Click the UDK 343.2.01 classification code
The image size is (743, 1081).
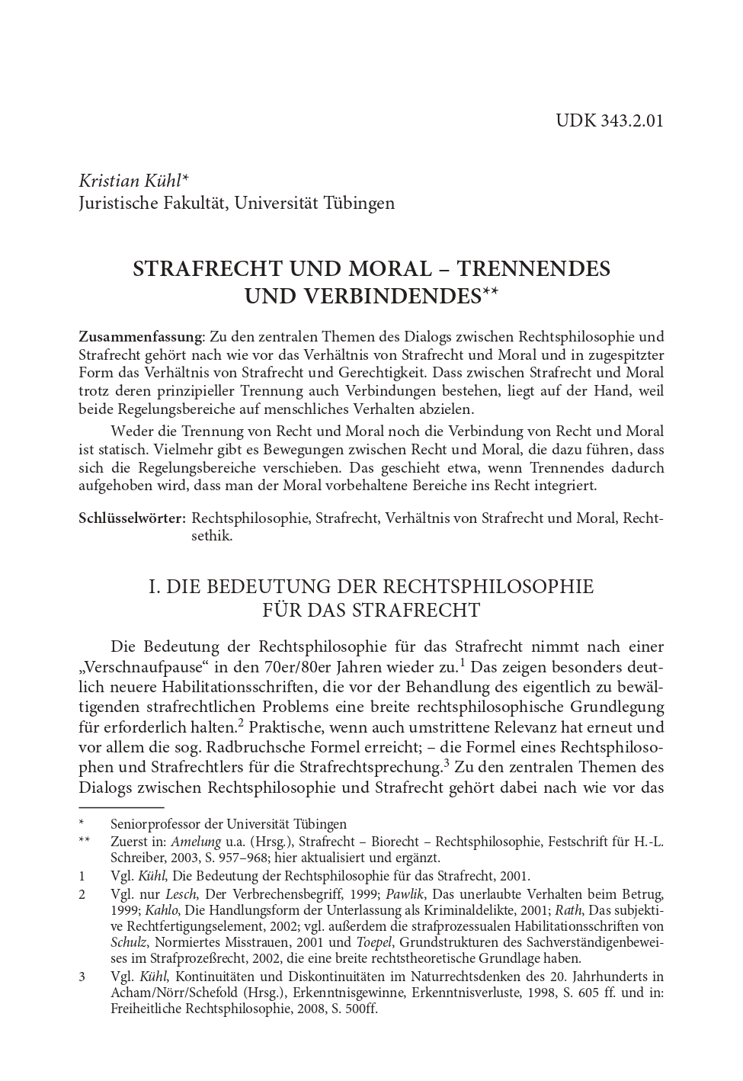pos(609,120)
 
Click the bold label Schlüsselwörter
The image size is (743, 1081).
pos(132,518)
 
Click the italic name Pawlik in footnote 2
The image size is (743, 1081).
pos(405,893)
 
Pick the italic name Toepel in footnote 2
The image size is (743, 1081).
pos(373,942)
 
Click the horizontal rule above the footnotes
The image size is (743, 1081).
pos(121,806)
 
